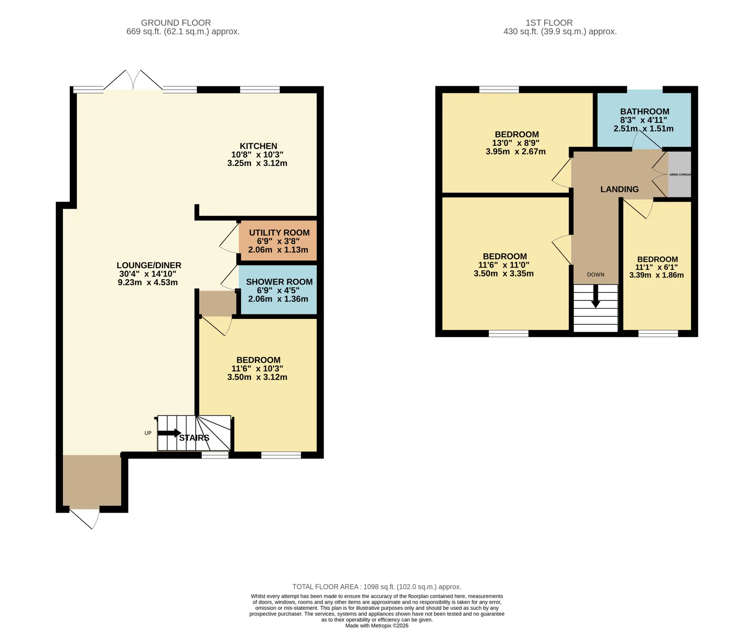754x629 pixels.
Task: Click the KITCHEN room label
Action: (258, 146)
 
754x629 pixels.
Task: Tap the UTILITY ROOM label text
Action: (279, 233)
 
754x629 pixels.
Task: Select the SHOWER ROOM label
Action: (279, 282)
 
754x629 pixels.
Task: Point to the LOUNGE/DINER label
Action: (149, 265)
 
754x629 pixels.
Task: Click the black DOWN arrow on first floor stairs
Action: (595, 297)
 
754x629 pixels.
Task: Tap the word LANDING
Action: (619, 189)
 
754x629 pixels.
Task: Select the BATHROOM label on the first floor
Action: (644, 112)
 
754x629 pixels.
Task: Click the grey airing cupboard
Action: (680, 174)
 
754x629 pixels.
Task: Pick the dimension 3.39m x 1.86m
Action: (656, 275)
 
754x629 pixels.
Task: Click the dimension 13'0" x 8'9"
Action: (515, 143)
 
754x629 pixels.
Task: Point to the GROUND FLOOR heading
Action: (176, 23)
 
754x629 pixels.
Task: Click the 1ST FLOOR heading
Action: (549, 23)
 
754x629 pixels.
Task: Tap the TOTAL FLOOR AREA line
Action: (377, 587)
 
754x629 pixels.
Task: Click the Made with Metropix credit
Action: (377, 625)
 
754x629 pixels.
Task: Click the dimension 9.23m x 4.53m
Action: (148, 282)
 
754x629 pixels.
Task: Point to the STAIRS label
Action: (194, 438)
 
